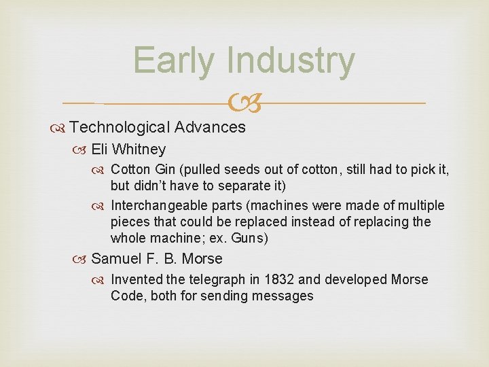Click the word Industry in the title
coord(291,60)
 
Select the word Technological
coord(119,127)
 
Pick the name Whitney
coord(139,149)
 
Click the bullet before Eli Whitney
coord(83,150)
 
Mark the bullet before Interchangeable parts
coord(102,206)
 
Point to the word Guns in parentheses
coord(250,238)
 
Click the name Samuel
coord(117,259)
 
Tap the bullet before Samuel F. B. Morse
coord(83,260)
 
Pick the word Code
coord(128,296)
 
